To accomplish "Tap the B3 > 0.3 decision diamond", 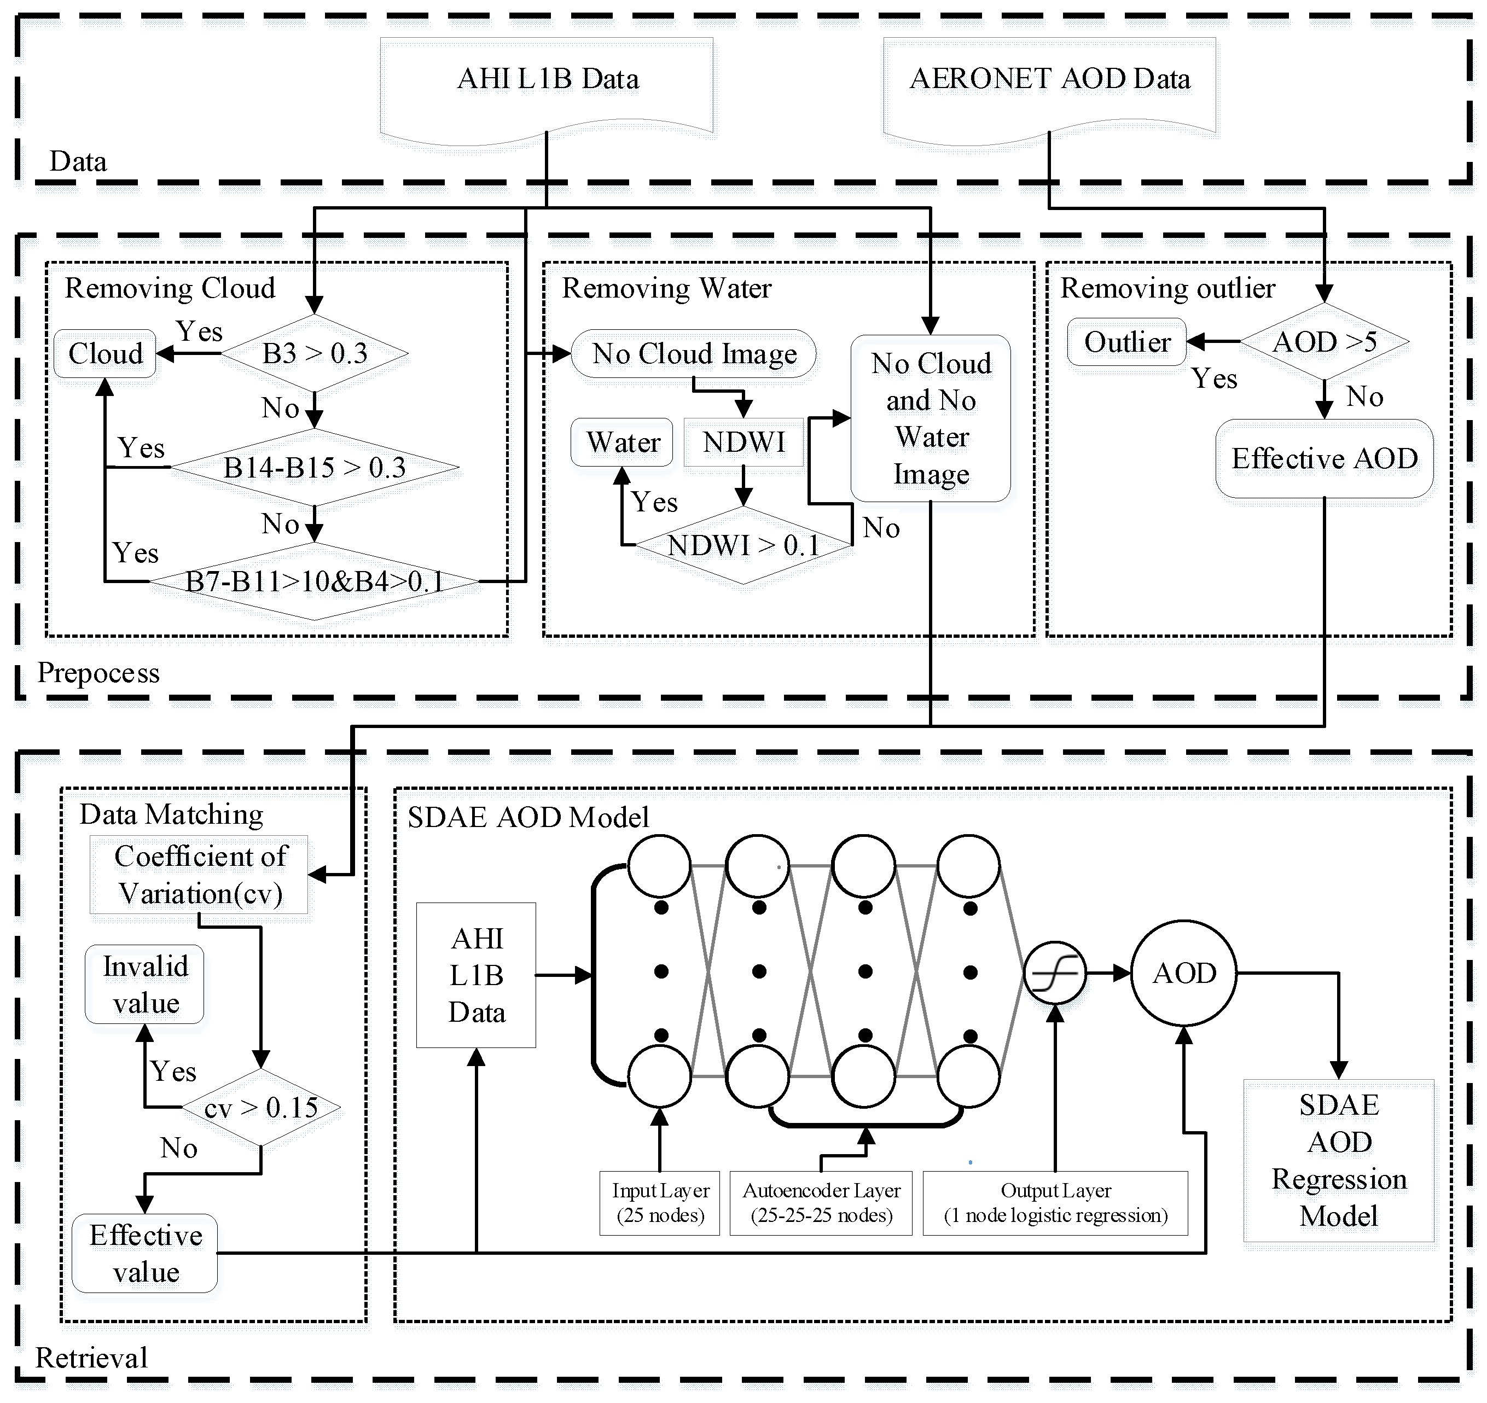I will pos(315,353).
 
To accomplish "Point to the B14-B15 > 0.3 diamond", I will pos(315,468).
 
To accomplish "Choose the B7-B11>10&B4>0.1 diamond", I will pos(315,581).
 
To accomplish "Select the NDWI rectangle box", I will pos(744,442).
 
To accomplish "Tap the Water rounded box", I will pos(623,442).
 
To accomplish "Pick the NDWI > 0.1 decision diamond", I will pos(744,545).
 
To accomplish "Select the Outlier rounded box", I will pos(1127,342).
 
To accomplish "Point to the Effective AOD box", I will pos(1325,458).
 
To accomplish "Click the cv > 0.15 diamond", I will pos(261,1107).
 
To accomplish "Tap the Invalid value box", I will pos(145,984).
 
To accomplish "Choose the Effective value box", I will pos(145,1254).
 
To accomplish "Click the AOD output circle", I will pos(1184,973).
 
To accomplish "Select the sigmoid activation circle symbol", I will pos(1055,973).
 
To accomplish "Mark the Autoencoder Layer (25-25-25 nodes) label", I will pos(821,1203).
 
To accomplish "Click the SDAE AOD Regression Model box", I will pos(1339,1161).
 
